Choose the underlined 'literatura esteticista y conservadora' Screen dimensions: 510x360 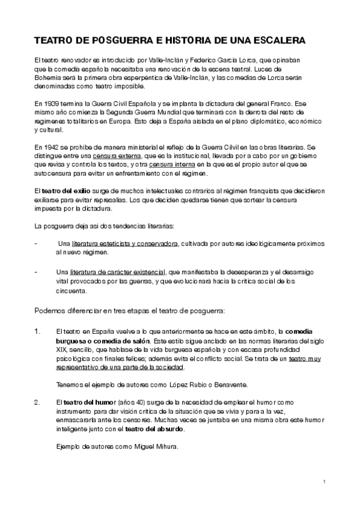coord(125,244)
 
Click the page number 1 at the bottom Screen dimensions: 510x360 coord(325,482)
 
